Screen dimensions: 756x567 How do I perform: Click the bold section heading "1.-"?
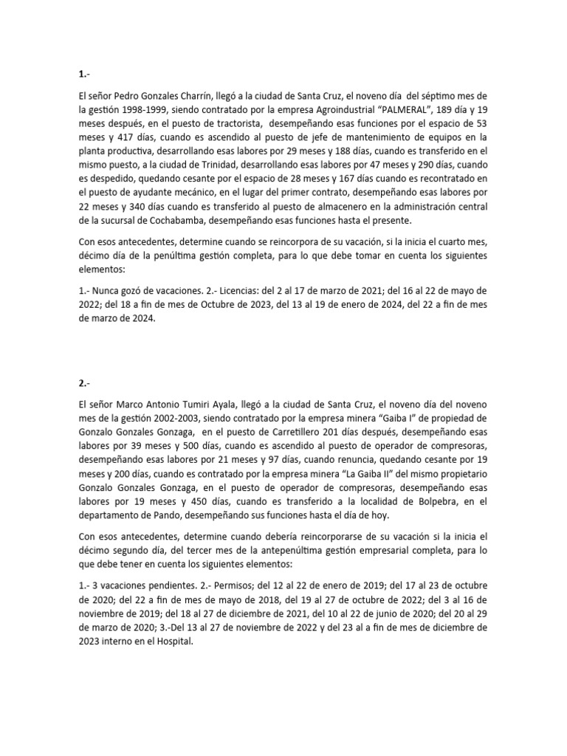(x=85, y=74)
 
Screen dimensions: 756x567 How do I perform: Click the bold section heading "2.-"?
(x=85, y=383)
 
